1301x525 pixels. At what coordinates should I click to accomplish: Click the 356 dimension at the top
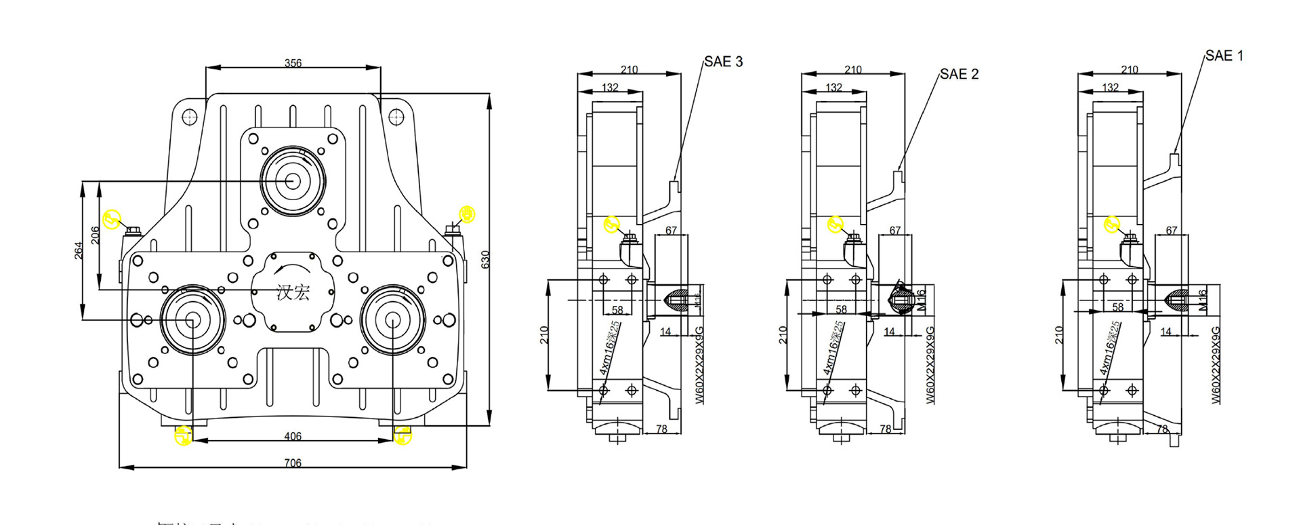[x=293, y=63]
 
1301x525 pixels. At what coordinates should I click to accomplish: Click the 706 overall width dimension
[x=293, y=463]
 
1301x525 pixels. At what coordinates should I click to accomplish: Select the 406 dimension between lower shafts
[x=293, y=436]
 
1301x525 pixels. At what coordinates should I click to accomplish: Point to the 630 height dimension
[x=484, y=259]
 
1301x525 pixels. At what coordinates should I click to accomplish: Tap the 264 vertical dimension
[x=79, y=250]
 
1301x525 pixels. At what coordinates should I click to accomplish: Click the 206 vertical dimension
[x=96, y=235]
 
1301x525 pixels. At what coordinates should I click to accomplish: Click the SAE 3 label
[x=723, y=62]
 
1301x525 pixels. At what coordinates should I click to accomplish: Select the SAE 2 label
[x=959, y=74]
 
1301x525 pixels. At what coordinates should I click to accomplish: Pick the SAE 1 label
[x=1224, y=56]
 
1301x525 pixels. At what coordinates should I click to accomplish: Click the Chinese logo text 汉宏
[x=293, y=293]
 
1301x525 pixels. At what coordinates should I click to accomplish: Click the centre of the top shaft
[x=292, y=181]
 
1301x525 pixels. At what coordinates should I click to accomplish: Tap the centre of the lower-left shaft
[x=192, y=320]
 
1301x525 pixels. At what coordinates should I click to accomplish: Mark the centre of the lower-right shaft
[x=392, y=320]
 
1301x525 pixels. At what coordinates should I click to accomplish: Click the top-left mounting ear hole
[x=190, y=117]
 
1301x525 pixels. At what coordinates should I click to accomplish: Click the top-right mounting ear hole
[x=396, y=117]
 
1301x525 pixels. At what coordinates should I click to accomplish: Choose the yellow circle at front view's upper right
[x=467, y=214]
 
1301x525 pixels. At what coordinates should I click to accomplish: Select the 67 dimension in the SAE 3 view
[x=671, y=230]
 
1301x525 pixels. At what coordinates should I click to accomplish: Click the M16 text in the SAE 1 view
[x=1203, y=300]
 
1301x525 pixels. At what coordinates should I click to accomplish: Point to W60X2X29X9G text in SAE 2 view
[x=930, y=365]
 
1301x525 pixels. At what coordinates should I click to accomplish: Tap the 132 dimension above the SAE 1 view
[x=1110, y=87]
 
